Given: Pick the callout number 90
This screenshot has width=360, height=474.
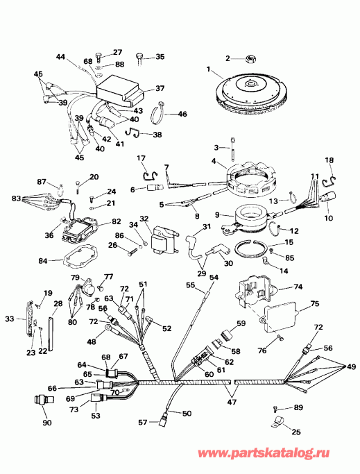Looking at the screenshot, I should click(x=46, y=423).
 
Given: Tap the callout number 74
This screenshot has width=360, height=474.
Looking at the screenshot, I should click(x=299, y=287).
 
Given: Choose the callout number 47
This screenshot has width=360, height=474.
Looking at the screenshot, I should click(x=230, y=402).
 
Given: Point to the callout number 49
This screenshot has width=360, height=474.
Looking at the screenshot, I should click(x=352, y=366).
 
